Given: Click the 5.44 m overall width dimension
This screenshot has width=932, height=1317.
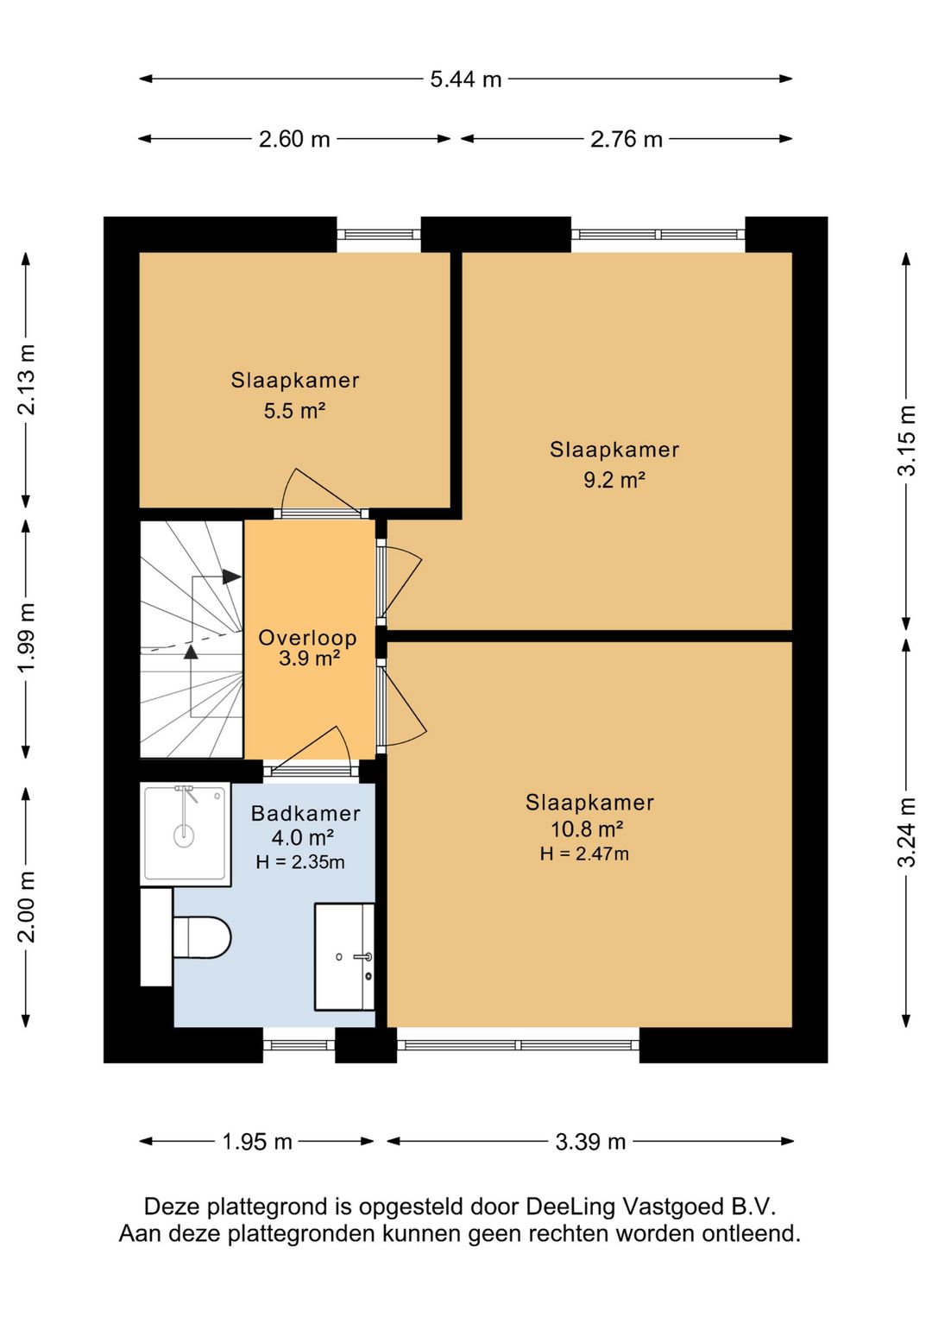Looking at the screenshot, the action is coord(466,79).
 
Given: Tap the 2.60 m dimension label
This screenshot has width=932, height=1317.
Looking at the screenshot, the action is coord(294,139).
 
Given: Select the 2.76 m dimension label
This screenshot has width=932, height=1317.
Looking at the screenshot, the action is coord(627,139).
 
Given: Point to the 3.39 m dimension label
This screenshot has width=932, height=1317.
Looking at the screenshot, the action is coord(590,1142).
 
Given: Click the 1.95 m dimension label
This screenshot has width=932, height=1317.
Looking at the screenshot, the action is coord(257,1142).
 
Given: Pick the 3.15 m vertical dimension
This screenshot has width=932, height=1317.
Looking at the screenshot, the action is coord(908,440).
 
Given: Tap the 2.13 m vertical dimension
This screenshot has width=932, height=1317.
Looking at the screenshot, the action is coord(27,379).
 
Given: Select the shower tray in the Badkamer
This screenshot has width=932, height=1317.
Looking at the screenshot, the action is coord(186,834).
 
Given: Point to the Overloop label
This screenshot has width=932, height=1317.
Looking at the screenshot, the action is coord(307,638).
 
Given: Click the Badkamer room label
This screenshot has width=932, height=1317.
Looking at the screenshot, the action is coord(305,814).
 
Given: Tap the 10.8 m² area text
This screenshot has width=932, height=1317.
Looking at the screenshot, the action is coord(586,829).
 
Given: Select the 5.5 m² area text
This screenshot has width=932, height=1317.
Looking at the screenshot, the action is coord(294,411).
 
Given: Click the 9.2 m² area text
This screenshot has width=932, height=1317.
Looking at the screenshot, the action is coord(614,480).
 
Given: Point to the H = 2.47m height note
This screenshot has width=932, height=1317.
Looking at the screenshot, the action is coord(584,854).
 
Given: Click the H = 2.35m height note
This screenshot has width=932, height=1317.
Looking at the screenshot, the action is coord(300,862).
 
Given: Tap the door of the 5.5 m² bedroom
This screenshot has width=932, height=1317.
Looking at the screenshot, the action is coord(321,492).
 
